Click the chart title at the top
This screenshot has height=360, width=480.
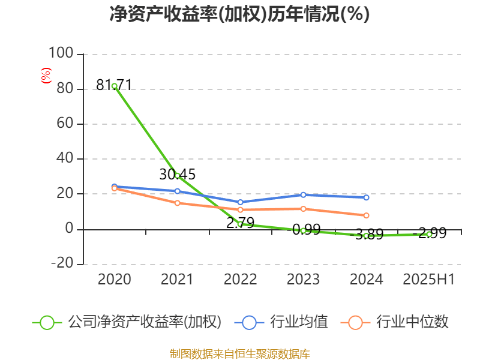click(x=239, y=14)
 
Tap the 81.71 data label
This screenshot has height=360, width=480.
click(x=114, y=85)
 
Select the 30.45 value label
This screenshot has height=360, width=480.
click(x=178, y=175)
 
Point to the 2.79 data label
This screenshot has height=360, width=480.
click(x=240, y=223)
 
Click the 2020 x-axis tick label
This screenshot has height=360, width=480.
click(x=115, y=279)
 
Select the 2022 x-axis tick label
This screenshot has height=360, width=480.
click(x=240, y=279)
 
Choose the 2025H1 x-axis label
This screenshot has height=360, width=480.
click(x=429, y=279)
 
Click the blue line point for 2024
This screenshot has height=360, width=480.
click(x=366, y=197)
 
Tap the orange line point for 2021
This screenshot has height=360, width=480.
click(x=178, y=203)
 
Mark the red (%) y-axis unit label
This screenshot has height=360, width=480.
click(x=46, y=75)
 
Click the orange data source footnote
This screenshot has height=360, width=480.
click(x=239, y=354)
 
